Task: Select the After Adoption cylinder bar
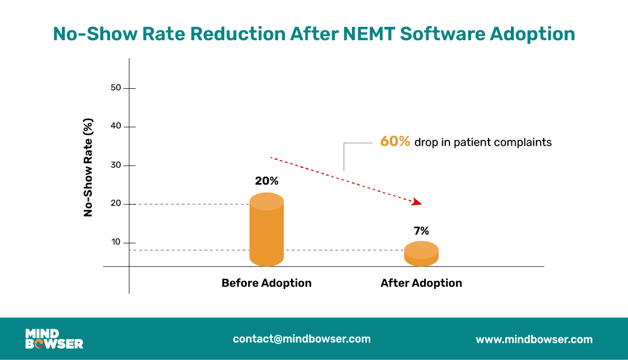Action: coord(421,253)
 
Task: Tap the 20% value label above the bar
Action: coord(266,181)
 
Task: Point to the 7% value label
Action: coord(421,231)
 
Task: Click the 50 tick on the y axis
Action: coord(116,88)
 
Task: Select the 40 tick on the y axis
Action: coord(116,127)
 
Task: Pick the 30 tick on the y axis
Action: coord(116,166)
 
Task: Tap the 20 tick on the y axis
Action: coord(116,204)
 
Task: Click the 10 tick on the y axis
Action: coord(116,242)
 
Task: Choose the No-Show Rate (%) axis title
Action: coord(88,168)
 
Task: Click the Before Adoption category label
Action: coord(266,283)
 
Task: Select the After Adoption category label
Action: coord(421,283)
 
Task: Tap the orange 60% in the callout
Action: coord(395,142)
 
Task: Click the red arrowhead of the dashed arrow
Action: coord(417,202)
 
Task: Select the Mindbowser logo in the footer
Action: coord(54,339)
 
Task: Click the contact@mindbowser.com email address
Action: coord(301,339)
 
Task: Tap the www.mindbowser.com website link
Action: coord(534,339)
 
